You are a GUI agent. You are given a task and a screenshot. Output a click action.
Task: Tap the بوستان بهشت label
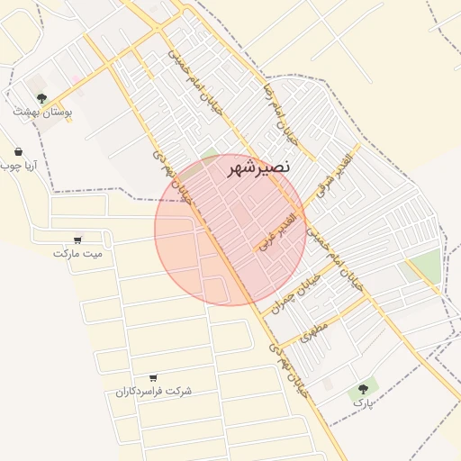[x=42, y=113]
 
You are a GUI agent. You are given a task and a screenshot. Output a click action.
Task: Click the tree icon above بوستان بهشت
[x=41, y=97]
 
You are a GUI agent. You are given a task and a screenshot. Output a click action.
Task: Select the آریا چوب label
[x=17, y=167]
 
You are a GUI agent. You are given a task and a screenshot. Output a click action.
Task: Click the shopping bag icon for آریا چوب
[x=18, y=151]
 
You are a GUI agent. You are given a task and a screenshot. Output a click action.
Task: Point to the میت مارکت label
[x=78, y=254]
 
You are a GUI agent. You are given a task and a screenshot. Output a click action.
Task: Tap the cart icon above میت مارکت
[x=77, y=240]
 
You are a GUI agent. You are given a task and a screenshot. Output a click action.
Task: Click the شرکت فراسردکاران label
[x=153, y=392]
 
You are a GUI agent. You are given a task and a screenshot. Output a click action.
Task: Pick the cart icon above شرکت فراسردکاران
[x=153, y=377]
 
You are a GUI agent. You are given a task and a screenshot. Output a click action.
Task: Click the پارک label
[x=362, y=404]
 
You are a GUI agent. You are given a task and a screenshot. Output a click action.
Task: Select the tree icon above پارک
[x=363, y=389]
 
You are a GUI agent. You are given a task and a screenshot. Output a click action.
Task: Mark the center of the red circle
[x=230, y=230]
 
